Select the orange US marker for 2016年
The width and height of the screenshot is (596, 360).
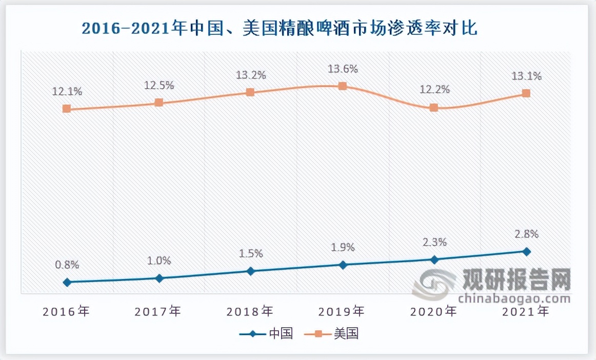(x=67, y=109)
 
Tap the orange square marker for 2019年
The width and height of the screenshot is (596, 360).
(x=343, y=86)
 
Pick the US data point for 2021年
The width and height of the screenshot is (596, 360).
(x=526, y=93)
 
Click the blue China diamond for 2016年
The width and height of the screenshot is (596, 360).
(x=67, y=282)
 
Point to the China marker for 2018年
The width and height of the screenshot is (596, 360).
(x=250, y=271)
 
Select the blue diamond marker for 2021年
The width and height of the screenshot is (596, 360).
(x=526, y=251)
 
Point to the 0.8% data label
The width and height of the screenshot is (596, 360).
(x=67, y=265)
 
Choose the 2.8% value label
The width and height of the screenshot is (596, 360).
(x=526, y=234)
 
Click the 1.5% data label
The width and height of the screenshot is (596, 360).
(x=250, y=253)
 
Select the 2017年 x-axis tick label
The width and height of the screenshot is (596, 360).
(x=158, y=311)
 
